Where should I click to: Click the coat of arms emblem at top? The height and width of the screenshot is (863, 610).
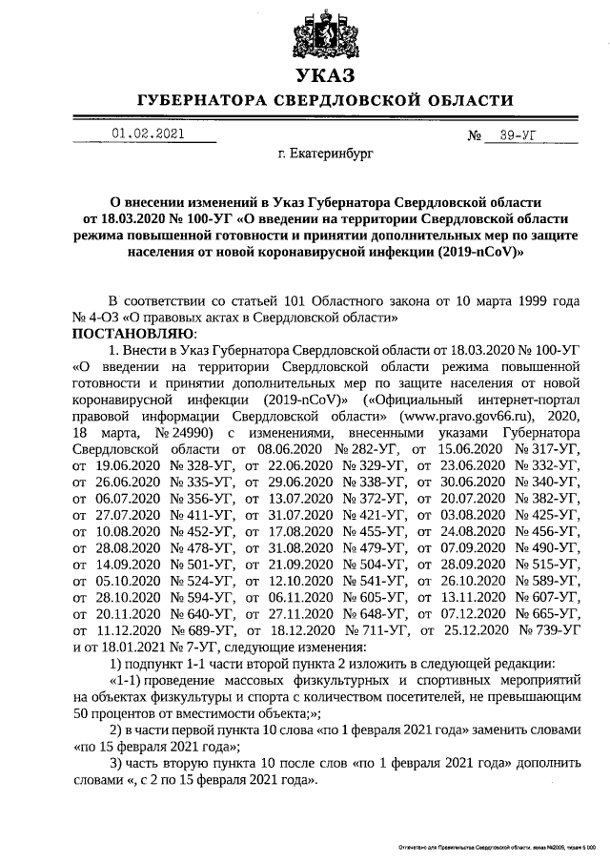323,31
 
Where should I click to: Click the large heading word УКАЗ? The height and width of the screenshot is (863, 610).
323,75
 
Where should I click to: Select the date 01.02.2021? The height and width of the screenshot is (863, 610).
148,134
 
